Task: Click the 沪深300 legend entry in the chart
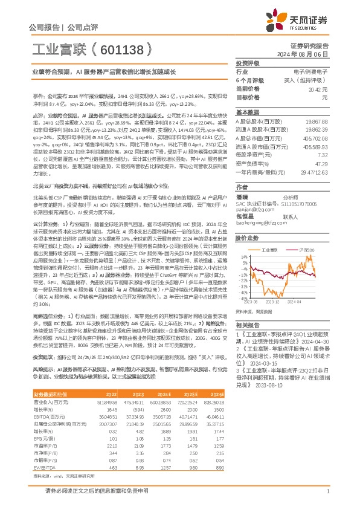[306, 249]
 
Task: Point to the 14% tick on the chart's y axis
[243, 257]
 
